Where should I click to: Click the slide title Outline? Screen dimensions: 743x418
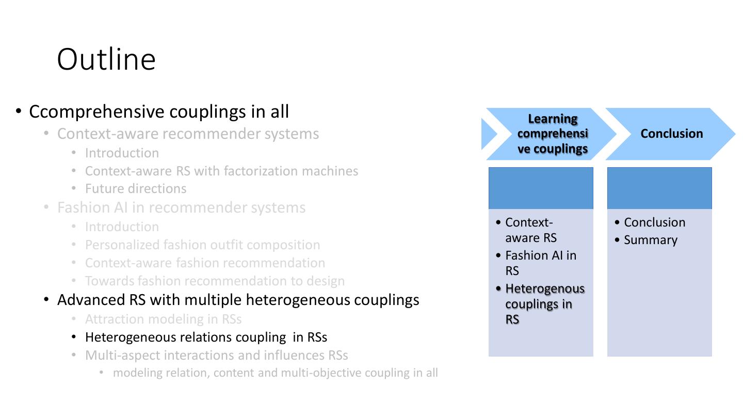[106, 59]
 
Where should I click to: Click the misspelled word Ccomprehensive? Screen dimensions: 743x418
[96, 112]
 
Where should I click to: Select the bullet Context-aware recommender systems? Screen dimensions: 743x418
[188, 134]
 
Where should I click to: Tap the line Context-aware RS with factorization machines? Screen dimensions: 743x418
[221, 171]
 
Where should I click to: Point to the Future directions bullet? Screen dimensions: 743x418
[136, 189]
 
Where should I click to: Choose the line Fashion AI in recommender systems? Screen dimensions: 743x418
[181, 207]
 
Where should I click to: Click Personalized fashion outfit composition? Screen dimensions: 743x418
[202, 245]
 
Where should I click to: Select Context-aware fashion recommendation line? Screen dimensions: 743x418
[205, 263]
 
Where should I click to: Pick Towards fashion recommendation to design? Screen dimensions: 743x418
[215, 281]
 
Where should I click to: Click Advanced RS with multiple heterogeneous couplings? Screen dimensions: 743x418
[238, 300]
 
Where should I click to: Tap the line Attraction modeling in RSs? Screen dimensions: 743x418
[163, 319]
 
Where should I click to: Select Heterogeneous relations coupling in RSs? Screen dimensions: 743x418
[206, 337]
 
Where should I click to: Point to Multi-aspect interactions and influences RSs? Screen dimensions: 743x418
[216, 355]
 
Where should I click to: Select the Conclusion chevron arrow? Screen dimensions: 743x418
[671, 134]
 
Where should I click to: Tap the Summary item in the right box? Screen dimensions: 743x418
[650, 240]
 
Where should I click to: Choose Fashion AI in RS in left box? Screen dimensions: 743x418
[540, 263]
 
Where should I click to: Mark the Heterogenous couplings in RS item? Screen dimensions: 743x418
[544, 304]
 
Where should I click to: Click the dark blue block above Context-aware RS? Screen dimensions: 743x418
[541, 188]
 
